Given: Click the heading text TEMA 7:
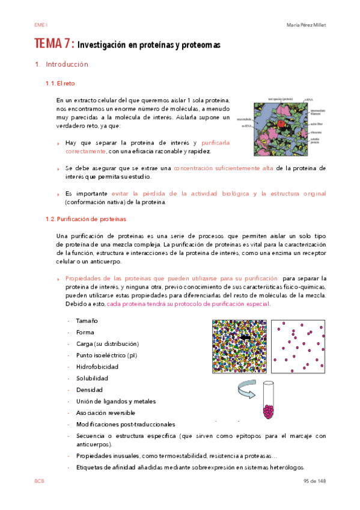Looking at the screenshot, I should pyautogui.click(x=54, y=45).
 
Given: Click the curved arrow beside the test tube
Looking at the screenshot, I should pyautogui.click(x=248, y=392).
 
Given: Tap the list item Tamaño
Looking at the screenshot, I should pyautogui.click(x=87, y=321).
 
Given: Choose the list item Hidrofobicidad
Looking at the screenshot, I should pyautogui.click(x=97, y=366).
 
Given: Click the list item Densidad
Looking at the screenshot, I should pyautogui.click(x=89, y=390).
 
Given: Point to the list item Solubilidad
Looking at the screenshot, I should pyautogui.click(x=92, y=378).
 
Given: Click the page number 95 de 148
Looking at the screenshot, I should pyautogui.click(x=313, y=482).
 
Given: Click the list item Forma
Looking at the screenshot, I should pyautogui.click(x=85, y=332).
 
